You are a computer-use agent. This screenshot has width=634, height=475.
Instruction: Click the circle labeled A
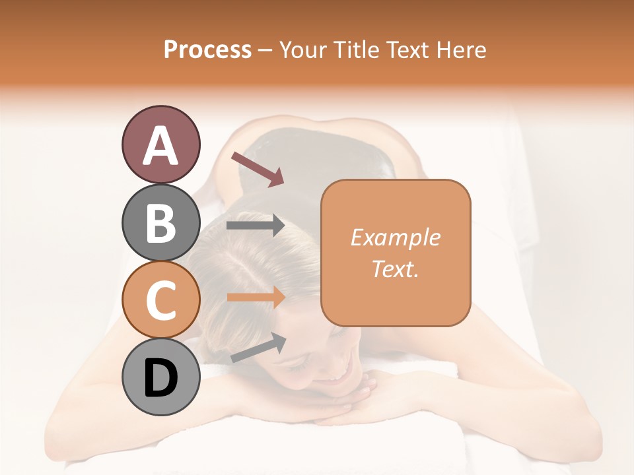pyautogui.click(x=160, y=144)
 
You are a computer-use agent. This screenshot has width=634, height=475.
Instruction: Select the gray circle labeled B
pyautogui.click(x=160, y=222)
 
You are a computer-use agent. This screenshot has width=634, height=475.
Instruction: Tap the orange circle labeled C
pyautogui.click(x=160, y=300)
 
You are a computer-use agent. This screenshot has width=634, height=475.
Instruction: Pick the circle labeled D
pyautogui.click(x=160, y=377)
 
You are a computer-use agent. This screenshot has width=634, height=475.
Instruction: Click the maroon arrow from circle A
pyautogui.click(x=258, y=168)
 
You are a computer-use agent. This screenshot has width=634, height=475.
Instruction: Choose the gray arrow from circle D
pyautogui.click(x=258, y=348)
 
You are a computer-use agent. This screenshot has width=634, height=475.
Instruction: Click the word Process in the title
pyautogui.click(x=207, y=49)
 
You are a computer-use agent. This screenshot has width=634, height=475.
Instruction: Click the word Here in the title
pyautogui.click(x=462, y=49)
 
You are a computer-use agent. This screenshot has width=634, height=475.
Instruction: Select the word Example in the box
pyautogui.click(x=395, y=237)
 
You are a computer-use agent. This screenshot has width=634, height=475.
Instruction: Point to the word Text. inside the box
pyautogui.click(x=395, y=269)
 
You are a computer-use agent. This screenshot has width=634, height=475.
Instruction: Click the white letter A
pyautogui.click(x=160, y=145)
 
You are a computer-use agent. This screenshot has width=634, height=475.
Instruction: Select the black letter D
pyautogui.click(x=160, y=378)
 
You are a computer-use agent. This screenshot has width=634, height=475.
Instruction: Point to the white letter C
pyautogui.click(x=160, y=300)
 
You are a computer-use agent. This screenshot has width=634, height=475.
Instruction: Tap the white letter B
pyautogui.click(x=160, y=223)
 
